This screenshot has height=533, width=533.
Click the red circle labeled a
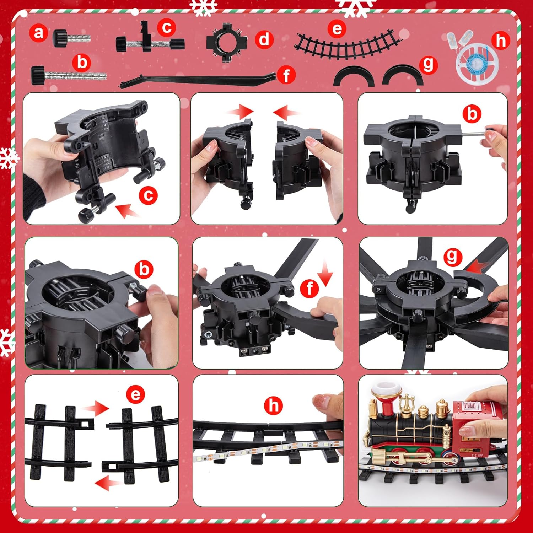pyautogui.click(x=38, y=33)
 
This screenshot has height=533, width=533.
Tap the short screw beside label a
pyautogui.click(x=71, y=37)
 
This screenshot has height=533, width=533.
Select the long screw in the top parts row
pyautogui.click(x=69, y=75)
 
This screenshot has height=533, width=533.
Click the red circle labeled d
pyautogui.click(x=264, y=39)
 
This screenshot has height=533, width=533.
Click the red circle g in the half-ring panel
pyautogui.click(x=452, y=256)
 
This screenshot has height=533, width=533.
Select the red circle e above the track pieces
pyautogui.click(x=135, y=394)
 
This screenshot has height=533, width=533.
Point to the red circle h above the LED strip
pyautogui.click(x=274, y=405)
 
